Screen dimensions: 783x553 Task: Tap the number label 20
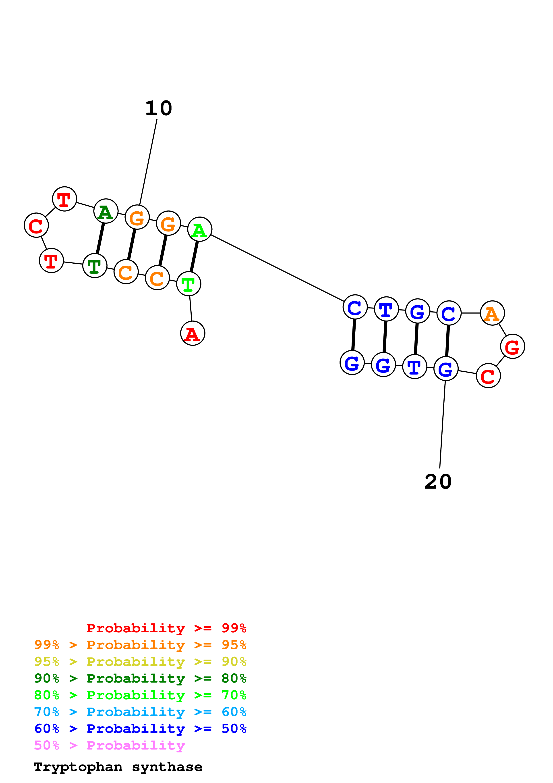(x=438, y=482)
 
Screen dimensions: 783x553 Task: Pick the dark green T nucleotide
(x=95, y=266)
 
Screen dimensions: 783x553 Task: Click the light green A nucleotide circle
(x=200, y=229)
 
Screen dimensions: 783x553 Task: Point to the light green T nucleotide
(x=188, y=284)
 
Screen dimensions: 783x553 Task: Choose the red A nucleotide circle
(x=193, y=333)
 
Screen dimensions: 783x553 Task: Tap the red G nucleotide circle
(x=512, y=346)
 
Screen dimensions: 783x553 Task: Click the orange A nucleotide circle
(x=492, y=313)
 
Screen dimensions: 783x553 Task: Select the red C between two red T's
(x=36, y=225)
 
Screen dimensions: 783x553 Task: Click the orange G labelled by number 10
(x=137, y=217)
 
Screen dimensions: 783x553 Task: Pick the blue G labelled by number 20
(x=446, y=369)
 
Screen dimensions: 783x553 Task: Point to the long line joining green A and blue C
(x=277, y=268)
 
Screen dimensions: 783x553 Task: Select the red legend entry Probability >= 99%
(x=166, y=628)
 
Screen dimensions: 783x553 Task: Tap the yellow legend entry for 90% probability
(x=140, y=662)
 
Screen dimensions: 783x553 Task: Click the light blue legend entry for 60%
(x=140, y=712)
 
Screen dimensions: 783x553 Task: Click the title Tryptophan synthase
(x=118, y=767)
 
